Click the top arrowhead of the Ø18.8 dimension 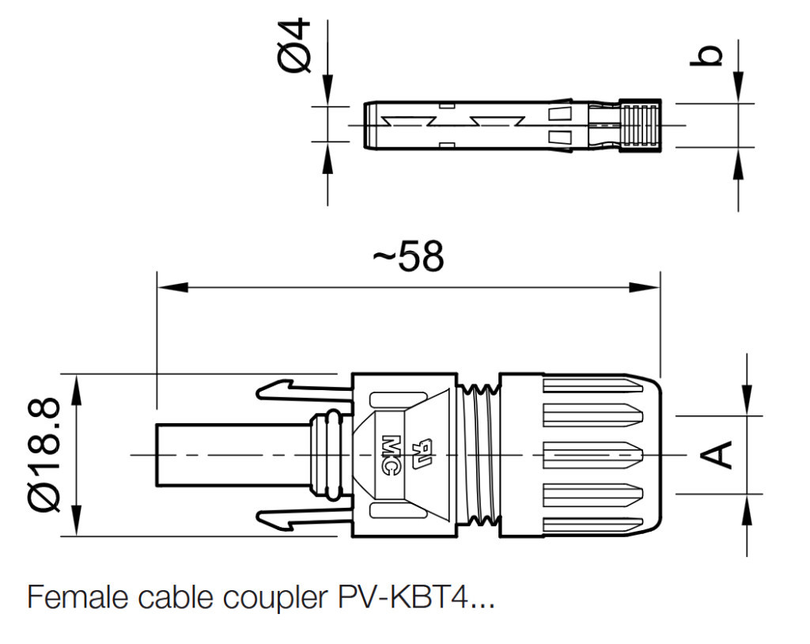tap(77, 385)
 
